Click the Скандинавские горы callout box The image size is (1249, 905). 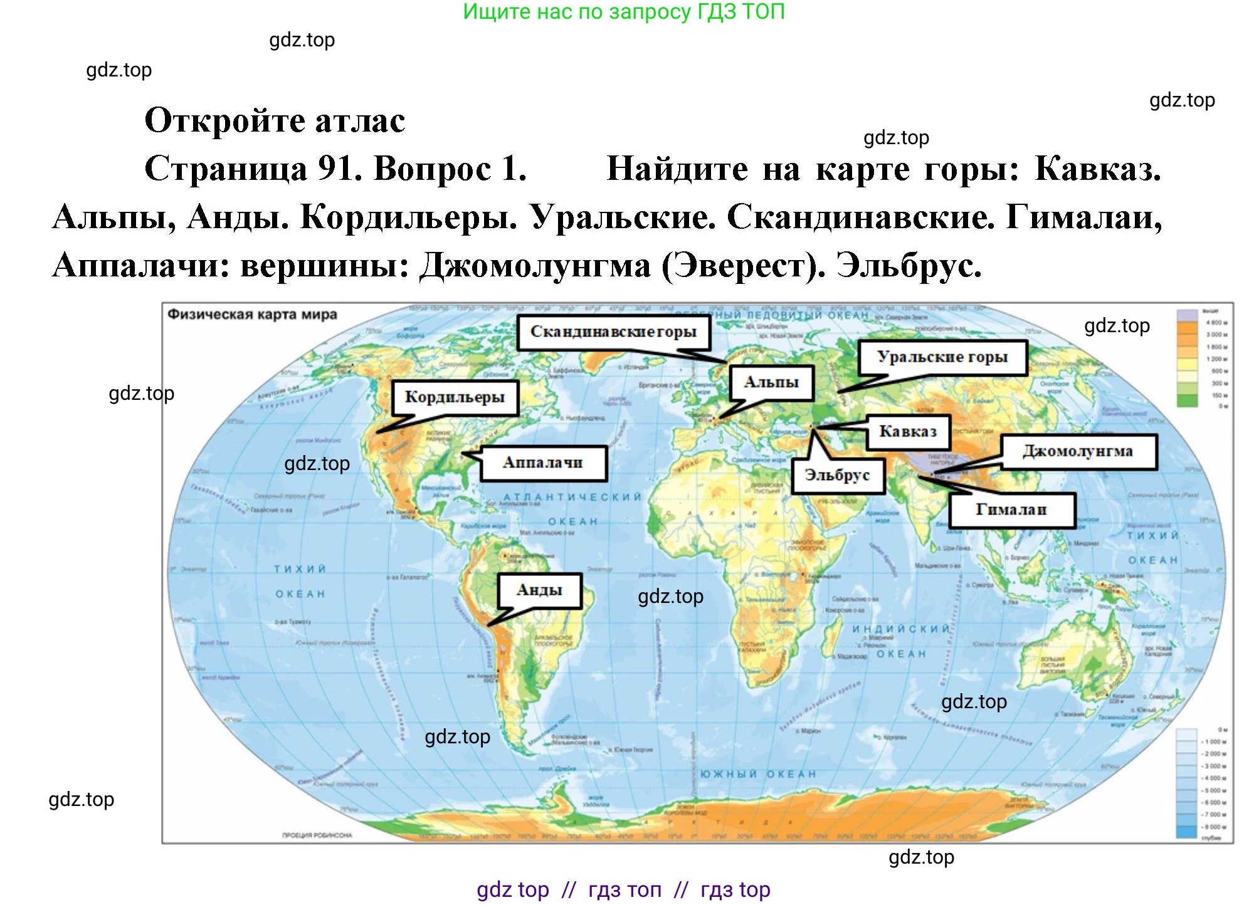coord(613,332)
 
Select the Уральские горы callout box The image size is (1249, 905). coord(942,357)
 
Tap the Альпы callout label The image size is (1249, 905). coord(771,382)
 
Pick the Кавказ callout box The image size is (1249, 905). coord(907,432)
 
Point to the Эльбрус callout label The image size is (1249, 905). coord(837,476)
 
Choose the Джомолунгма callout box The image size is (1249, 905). coord(1078,452)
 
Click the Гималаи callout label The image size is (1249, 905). coord(1011,510)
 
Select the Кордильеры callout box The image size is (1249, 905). coord(455,397)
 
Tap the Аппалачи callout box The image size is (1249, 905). coord(543,463)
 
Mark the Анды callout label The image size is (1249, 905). coord(539,590)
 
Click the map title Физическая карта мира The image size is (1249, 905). coord(252,315)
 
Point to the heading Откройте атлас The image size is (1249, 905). coord(275,120)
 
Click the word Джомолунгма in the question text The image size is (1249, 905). coord(535,266)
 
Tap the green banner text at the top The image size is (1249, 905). coord(623,11)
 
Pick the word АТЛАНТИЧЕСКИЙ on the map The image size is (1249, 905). coord(572,497)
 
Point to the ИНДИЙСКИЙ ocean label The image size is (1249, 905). coord(900,629)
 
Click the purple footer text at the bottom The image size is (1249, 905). coord(623,890)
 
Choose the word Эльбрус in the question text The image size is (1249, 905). coord(908,266)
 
